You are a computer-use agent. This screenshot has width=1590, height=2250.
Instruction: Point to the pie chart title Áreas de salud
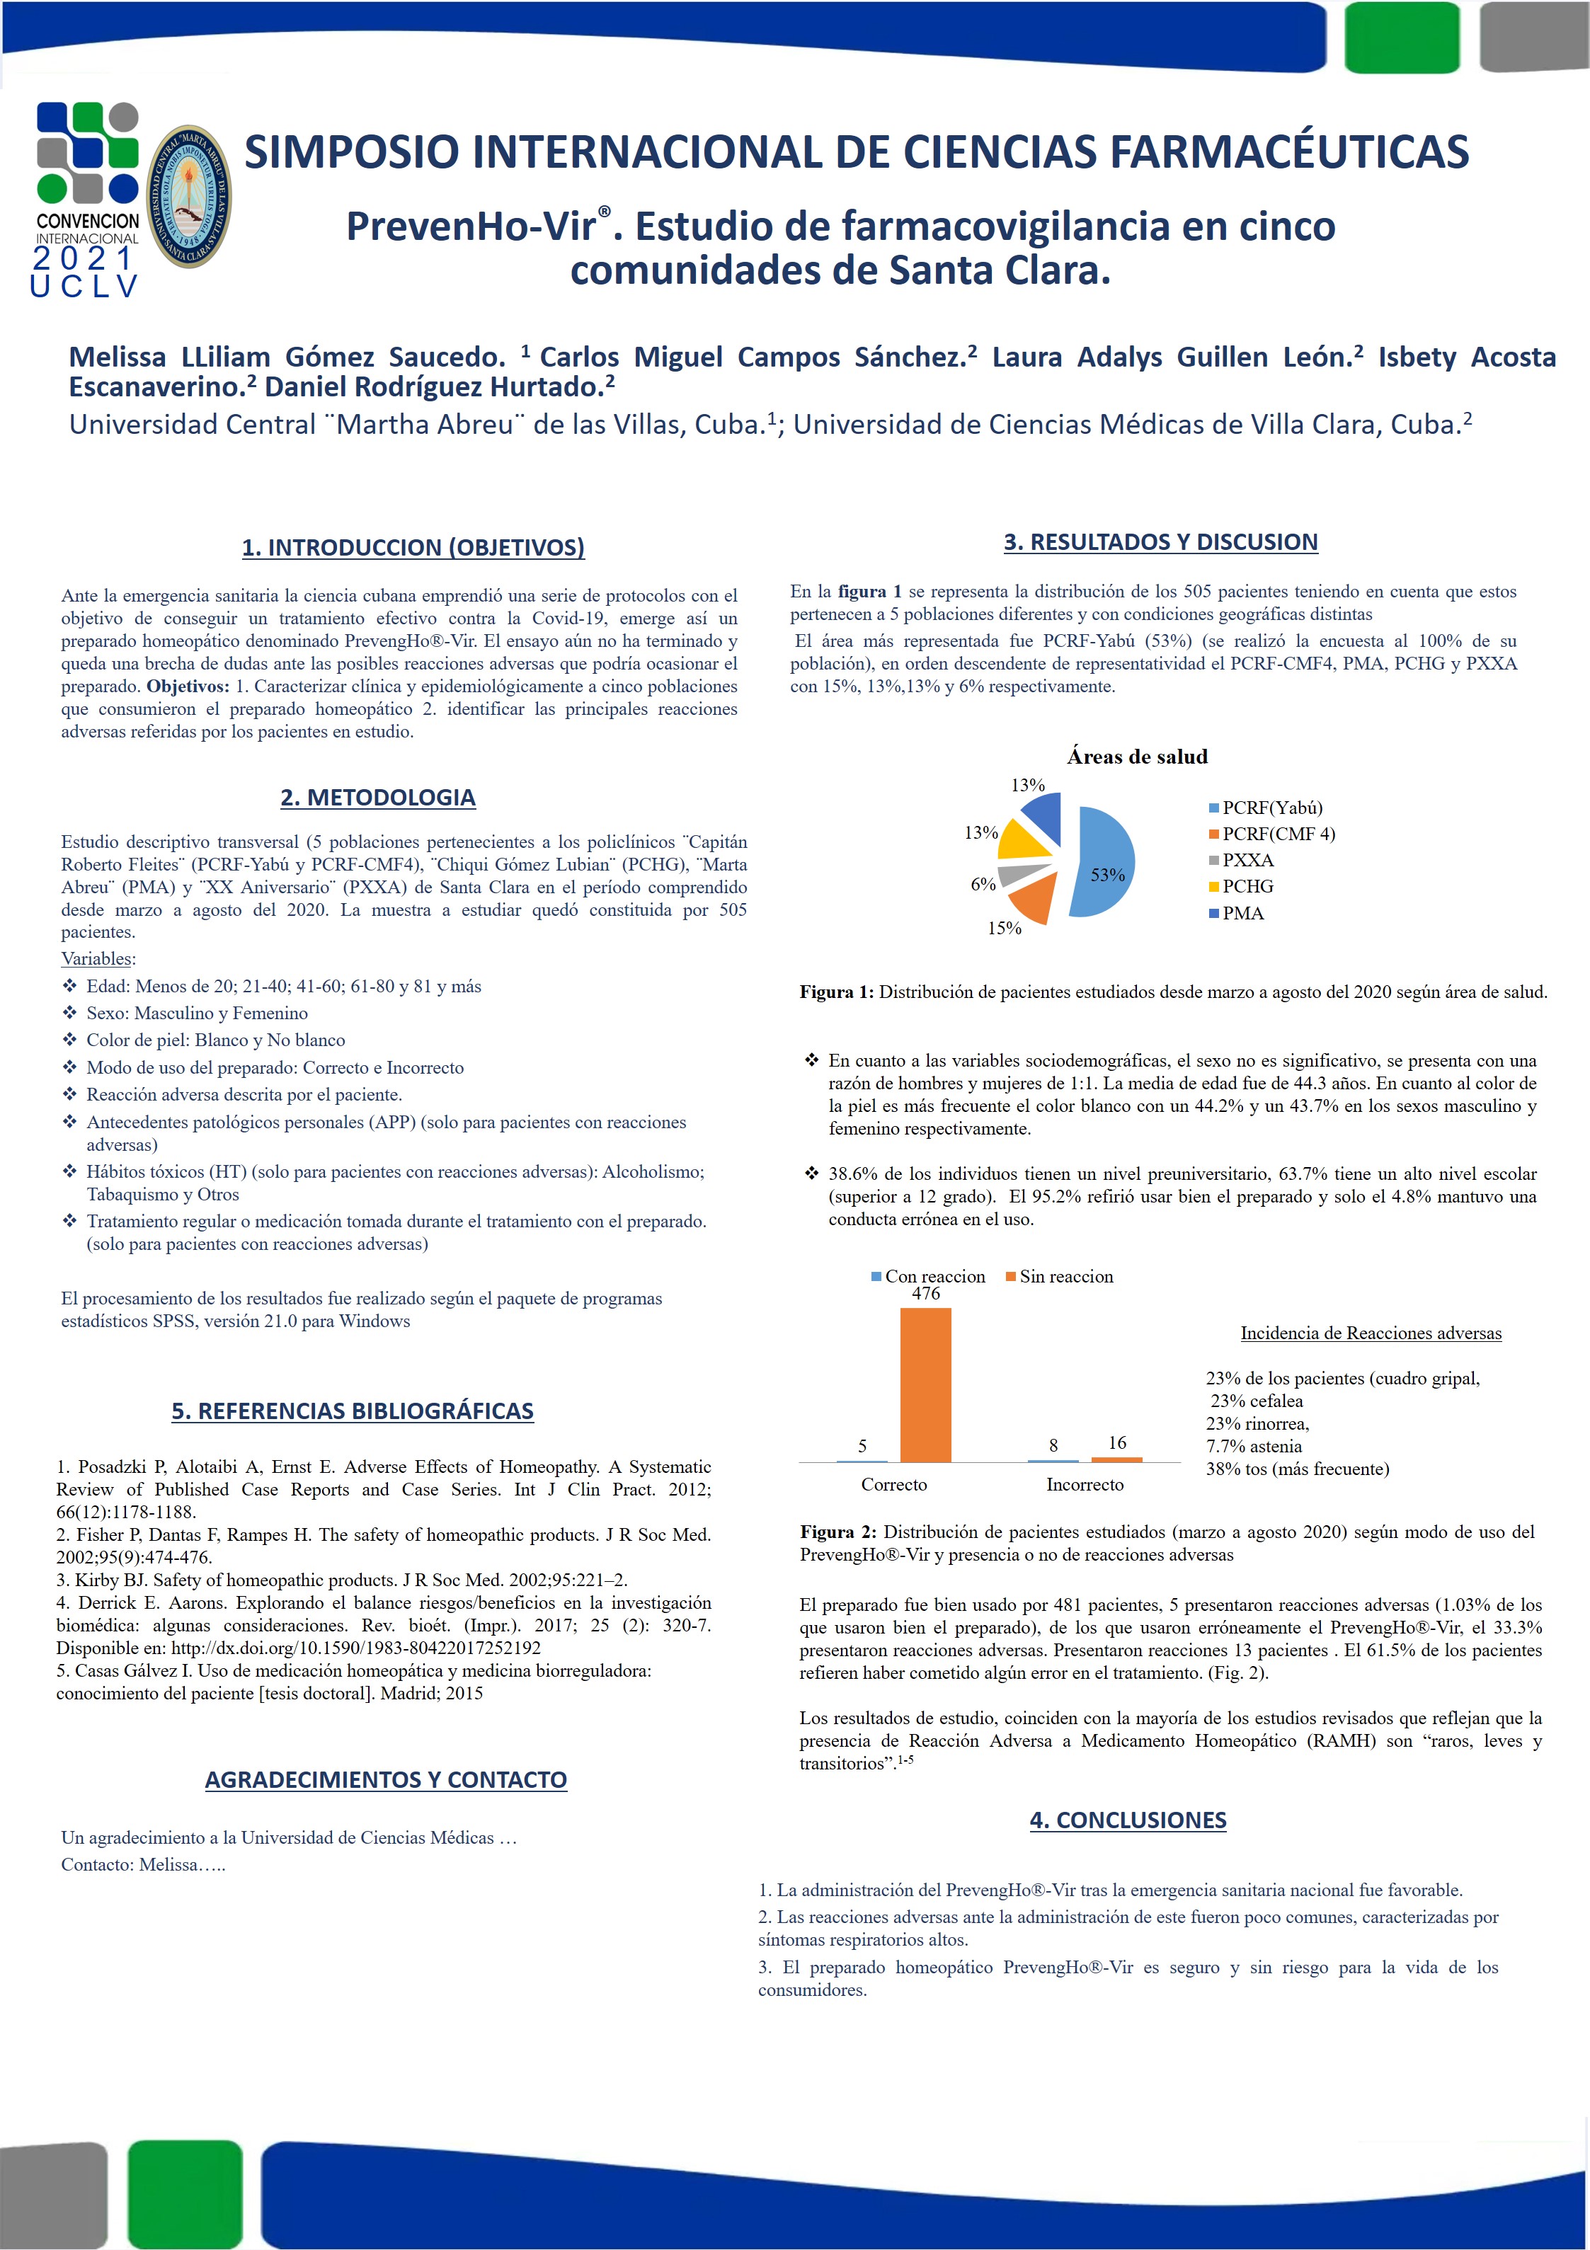point(1137,757)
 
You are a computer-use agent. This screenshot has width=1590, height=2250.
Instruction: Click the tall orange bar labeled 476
point(925,1384)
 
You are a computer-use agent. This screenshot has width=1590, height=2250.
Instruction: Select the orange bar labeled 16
point(1116,1459)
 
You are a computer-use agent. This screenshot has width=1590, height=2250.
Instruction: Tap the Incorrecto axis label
point(1084,1485)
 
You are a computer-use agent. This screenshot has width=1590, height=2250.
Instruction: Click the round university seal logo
point(188,196)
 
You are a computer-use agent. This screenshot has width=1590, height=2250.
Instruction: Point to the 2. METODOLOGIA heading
point(377,798)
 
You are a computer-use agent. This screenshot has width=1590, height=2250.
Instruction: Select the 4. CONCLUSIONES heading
point(1127,1820)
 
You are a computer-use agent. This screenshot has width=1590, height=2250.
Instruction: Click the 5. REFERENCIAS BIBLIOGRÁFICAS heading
point(352,1411)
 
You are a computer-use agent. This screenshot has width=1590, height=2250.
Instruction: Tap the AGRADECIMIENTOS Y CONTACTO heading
point(385,1779)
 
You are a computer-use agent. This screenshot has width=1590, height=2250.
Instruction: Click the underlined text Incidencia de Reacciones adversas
point(1371,1333)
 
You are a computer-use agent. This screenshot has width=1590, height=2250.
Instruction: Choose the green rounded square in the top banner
point(1401,38)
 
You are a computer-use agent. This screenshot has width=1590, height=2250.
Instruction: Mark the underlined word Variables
point(97,958)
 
